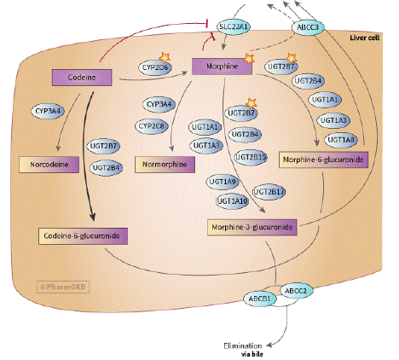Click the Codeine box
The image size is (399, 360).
pos(82,78)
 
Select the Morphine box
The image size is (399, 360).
pos(222,67)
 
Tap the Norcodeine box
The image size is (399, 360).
pos(49,165)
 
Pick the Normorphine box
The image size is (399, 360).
pos(165,165)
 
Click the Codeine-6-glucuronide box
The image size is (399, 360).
pos(83,235)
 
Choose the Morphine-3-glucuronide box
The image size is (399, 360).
pos(252,227)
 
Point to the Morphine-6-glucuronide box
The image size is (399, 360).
pos(323,160)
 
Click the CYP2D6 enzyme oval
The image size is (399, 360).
pos(155,67)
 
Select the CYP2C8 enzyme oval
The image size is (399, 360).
pos(152,126)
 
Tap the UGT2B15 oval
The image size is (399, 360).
pos(251,157)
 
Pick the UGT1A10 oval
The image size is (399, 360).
pos(233,201)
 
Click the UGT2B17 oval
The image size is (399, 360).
pos(269,192)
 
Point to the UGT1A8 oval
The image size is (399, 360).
pos(341,140)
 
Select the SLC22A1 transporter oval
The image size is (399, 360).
pos(234,27)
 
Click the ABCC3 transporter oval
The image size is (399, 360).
pos(308,27)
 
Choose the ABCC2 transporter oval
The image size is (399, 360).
pos(296,291)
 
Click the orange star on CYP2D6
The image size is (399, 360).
pos(165,58)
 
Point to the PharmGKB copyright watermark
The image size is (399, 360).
pos(63,287)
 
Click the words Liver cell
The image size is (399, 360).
pos(365,38)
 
